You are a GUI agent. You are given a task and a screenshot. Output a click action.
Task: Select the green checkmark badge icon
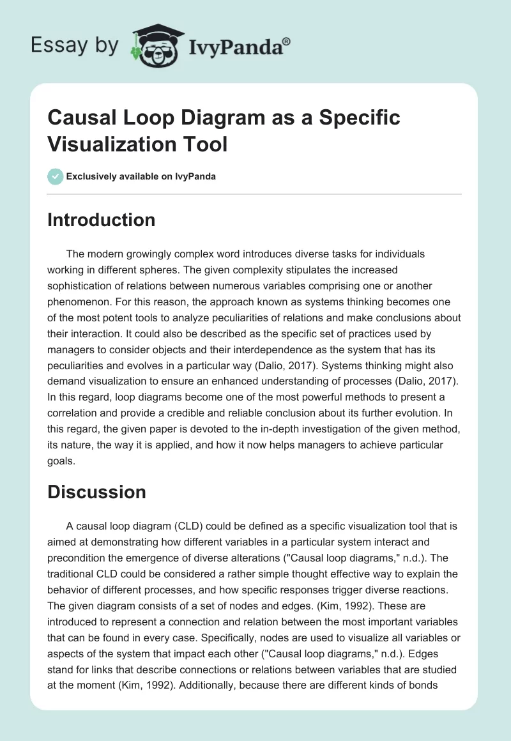point(56,176)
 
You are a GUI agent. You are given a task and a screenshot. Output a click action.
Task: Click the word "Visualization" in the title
point(103,144)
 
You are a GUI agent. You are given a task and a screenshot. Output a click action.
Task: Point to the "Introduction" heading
point(101,220)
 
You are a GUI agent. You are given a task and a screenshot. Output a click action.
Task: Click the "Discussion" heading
point(96,492)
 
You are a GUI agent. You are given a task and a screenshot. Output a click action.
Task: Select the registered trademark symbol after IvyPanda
point(287,42)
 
